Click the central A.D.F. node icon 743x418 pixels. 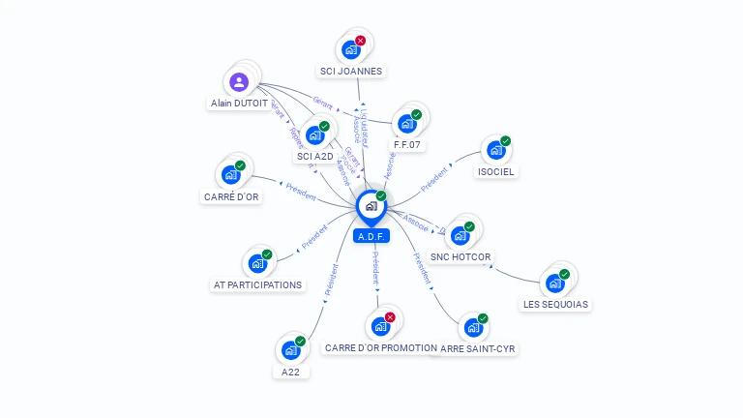[371, 206]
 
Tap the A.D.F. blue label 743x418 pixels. [371, 236]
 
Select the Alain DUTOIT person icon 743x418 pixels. [240, 82]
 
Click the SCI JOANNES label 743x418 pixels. [351, 71]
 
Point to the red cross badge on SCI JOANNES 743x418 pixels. [361, 41]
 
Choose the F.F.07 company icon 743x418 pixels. [406, 124]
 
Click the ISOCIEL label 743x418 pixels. [496, 171]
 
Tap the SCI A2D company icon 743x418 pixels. [314, 135]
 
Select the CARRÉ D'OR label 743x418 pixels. [231, 196]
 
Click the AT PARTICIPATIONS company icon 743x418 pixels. [257, 263]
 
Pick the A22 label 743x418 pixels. [291, 372]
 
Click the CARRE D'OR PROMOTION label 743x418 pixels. [380, 347]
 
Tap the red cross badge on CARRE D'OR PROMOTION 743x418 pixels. [390, 317]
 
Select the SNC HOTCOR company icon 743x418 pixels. [460, 235]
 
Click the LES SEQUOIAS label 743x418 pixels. [555, 304]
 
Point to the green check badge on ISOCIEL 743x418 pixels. [505, 141]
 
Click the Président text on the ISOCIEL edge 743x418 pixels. [435, 179]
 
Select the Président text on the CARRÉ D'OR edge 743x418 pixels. [301, 191]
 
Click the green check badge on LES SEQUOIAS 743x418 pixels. [564, 274]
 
